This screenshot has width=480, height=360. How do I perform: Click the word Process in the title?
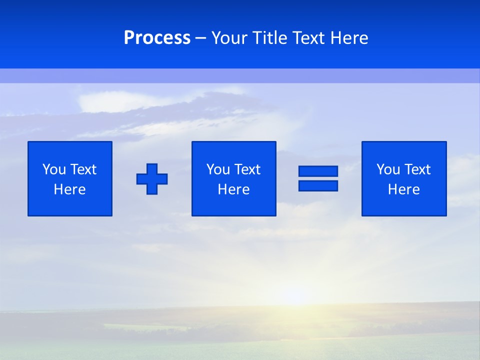tap(157, 38)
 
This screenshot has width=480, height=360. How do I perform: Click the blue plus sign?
tap(152, 179)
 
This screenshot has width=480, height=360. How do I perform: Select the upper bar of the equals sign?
tap(318, 171)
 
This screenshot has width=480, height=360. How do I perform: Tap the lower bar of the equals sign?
tap(318, 185)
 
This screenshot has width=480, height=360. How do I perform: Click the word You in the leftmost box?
tap(54, 169)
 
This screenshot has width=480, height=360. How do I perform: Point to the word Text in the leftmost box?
tap(83, 169)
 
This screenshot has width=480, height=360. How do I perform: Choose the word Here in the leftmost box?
tap(70, 189)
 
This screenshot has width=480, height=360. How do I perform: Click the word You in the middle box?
tap(218, 169)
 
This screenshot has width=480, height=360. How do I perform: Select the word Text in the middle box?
tap(247, 169)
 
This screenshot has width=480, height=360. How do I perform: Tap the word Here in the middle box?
tap(234, 189)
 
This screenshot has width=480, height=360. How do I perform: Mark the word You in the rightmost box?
tap(388, 169)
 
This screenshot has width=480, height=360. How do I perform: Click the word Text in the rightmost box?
tap(417, 169)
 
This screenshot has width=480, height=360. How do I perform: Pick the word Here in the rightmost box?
tap(404, 189)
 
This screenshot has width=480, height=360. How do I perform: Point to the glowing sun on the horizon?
tap(295, 295)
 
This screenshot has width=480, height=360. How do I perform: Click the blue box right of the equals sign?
tap(404, 205)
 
